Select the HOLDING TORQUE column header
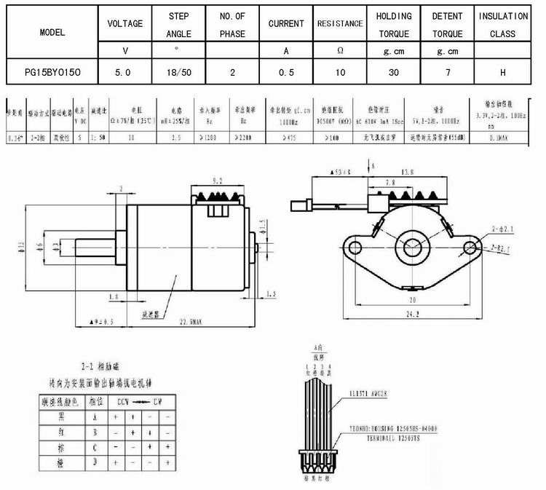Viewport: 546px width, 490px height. [394, 25]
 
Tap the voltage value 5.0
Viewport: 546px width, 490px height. [124, 74]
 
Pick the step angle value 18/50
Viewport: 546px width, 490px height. [179, 74]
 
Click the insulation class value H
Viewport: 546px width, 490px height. [502, 74]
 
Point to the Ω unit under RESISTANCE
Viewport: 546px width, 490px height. [340, 51]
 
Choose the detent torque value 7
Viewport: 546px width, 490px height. [447, 74]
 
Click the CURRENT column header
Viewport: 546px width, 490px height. [286, 24]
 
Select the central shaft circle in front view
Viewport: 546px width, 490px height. [413, 248]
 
